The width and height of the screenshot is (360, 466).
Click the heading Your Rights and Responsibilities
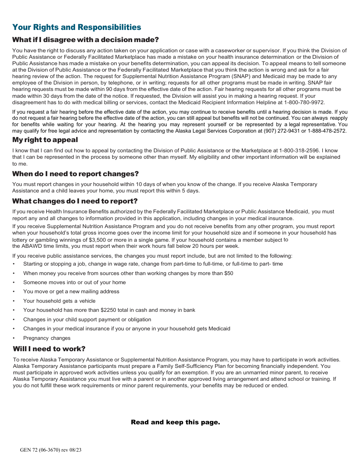[77, 27]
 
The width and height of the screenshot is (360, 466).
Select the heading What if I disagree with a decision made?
[85, 40]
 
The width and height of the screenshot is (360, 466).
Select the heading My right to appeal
[45, 140]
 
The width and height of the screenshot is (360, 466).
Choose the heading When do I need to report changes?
[75, 174]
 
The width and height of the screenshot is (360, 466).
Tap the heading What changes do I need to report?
[75, 201]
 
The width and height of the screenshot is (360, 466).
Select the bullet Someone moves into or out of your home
[74, 282]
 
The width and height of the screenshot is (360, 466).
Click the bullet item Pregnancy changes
[47, 338]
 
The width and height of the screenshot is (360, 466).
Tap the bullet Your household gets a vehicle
[59, 301]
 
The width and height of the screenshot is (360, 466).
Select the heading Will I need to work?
[49, 349]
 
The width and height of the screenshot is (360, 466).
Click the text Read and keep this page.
[175, 422]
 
